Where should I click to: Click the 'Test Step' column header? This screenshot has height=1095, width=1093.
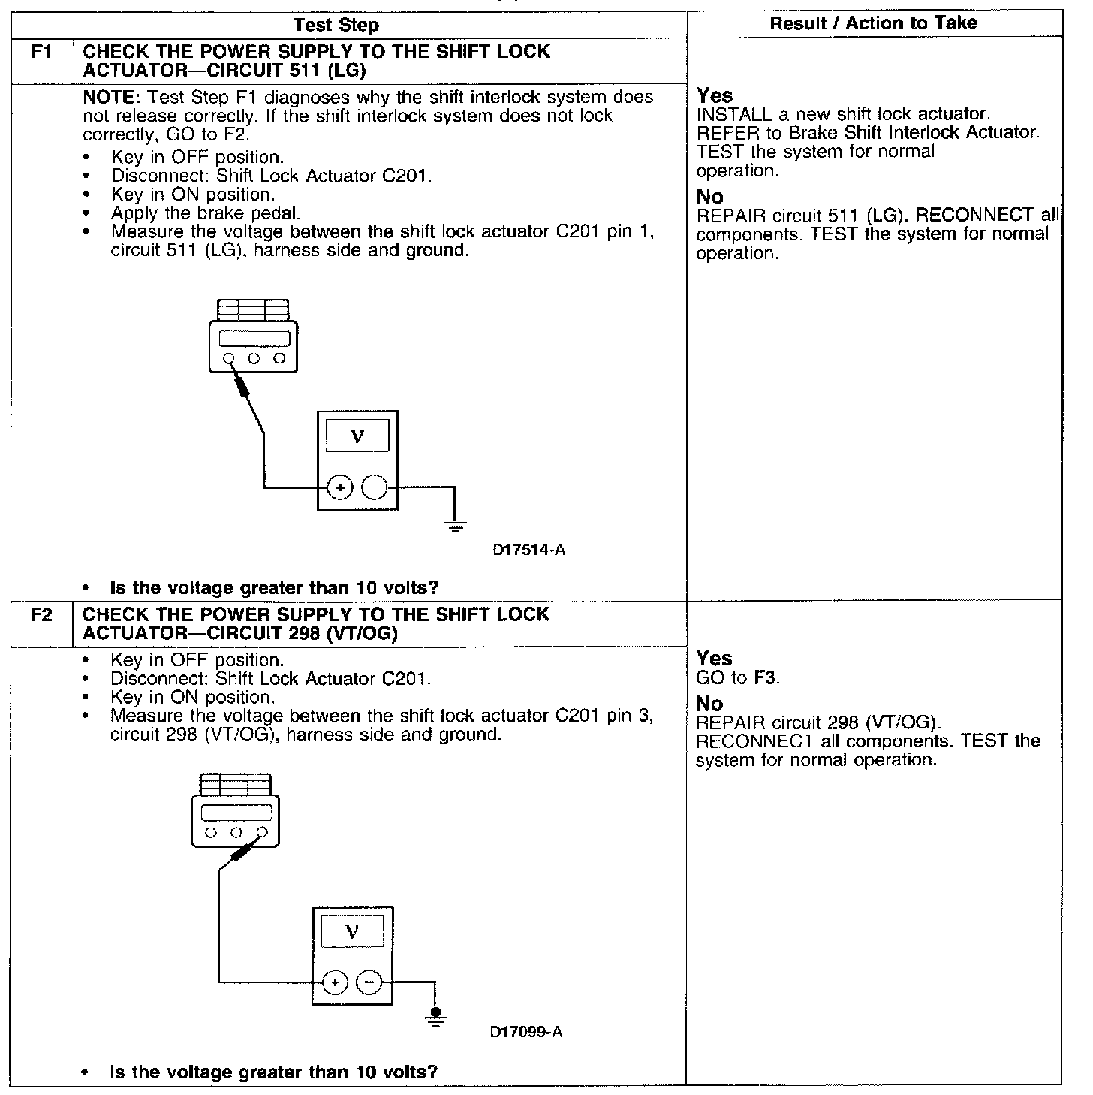coord(336,25)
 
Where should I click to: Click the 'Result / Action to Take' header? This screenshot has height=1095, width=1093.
coord(873,23)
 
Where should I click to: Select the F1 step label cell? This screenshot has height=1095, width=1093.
coord(42,53)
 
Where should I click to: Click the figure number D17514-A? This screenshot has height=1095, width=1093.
coord(529,551)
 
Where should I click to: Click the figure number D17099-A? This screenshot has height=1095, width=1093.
coord(526,1032)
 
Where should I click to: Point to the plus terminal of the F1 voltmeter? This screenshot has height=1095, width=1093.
coord(340,488)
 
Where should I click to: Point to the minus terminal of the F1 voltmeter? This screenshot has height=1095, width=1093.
coord(375,488)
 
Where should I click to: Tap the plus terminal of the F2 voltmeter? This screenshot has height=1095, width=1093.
coord(335,982)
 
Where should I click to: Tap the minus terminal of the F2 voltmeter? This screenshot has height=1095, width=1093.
coord(369,982)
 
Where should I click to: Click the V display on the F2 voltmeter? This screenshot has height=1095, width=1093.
coord(352,931)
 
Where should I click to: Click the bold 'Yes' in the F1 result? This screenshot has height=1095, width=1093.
coord(714,96)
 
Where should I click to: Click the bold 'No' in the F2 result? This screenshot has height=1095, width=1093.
coord(709,704)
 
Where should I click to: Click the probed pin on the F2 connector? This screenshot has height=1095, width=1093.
coord(262,832)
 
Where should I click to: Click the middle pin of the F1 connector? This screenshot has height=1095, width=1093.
coord(254,359)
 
